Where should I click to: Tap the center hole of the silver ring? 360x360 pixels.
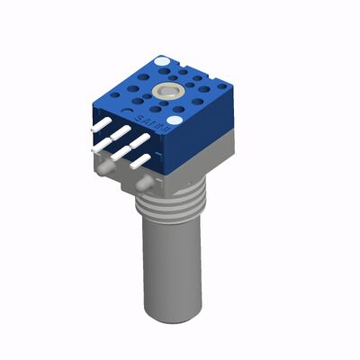point(168,92)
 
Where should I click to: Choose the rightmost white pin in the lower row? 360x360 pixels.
point(140,162)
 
